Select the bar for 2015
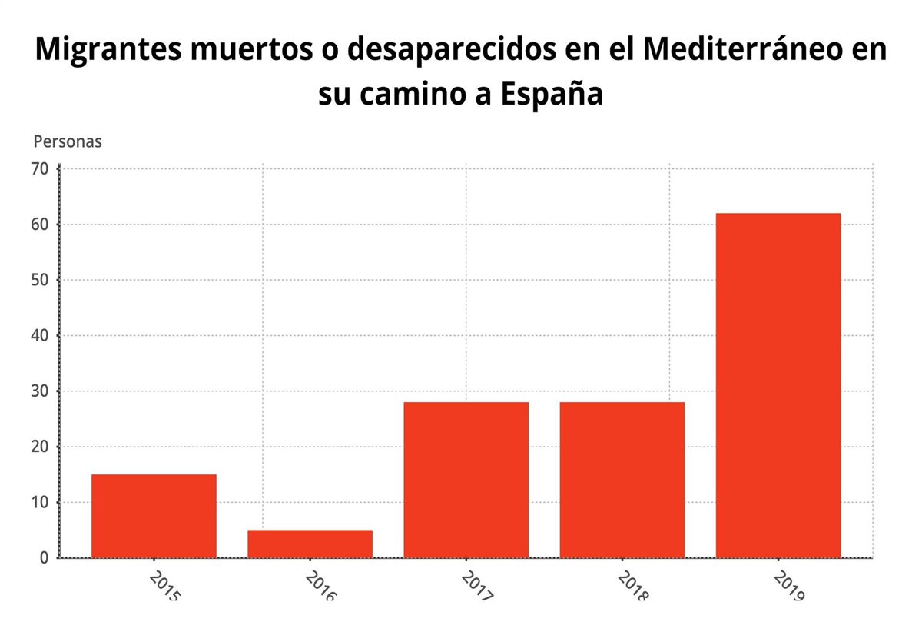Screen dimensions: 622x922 154,516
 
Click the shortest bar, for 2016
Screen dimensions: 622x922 310,544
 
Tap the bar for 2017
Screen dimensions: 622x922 466,480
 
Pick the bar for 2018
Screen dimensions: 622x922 622,480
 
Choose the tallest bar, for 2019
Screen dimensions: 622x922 778,385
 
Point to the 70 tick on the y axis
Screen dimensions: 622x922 40,168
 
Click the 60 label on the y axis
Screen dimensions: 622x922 40,225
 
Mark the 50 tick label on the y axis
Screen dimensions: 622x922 40,280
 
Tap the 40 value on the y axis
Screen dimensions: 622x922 40,336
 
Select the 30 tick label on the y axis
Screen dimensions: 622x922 40,391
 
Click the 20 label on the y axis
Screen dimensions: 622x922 40,447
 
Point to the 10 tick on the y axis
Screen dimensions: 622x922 40,503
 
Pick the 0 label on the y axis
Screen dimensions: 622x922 45,557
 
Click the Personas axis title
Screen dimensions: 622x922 68,142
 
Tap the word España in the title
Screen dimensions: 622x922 551,95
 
